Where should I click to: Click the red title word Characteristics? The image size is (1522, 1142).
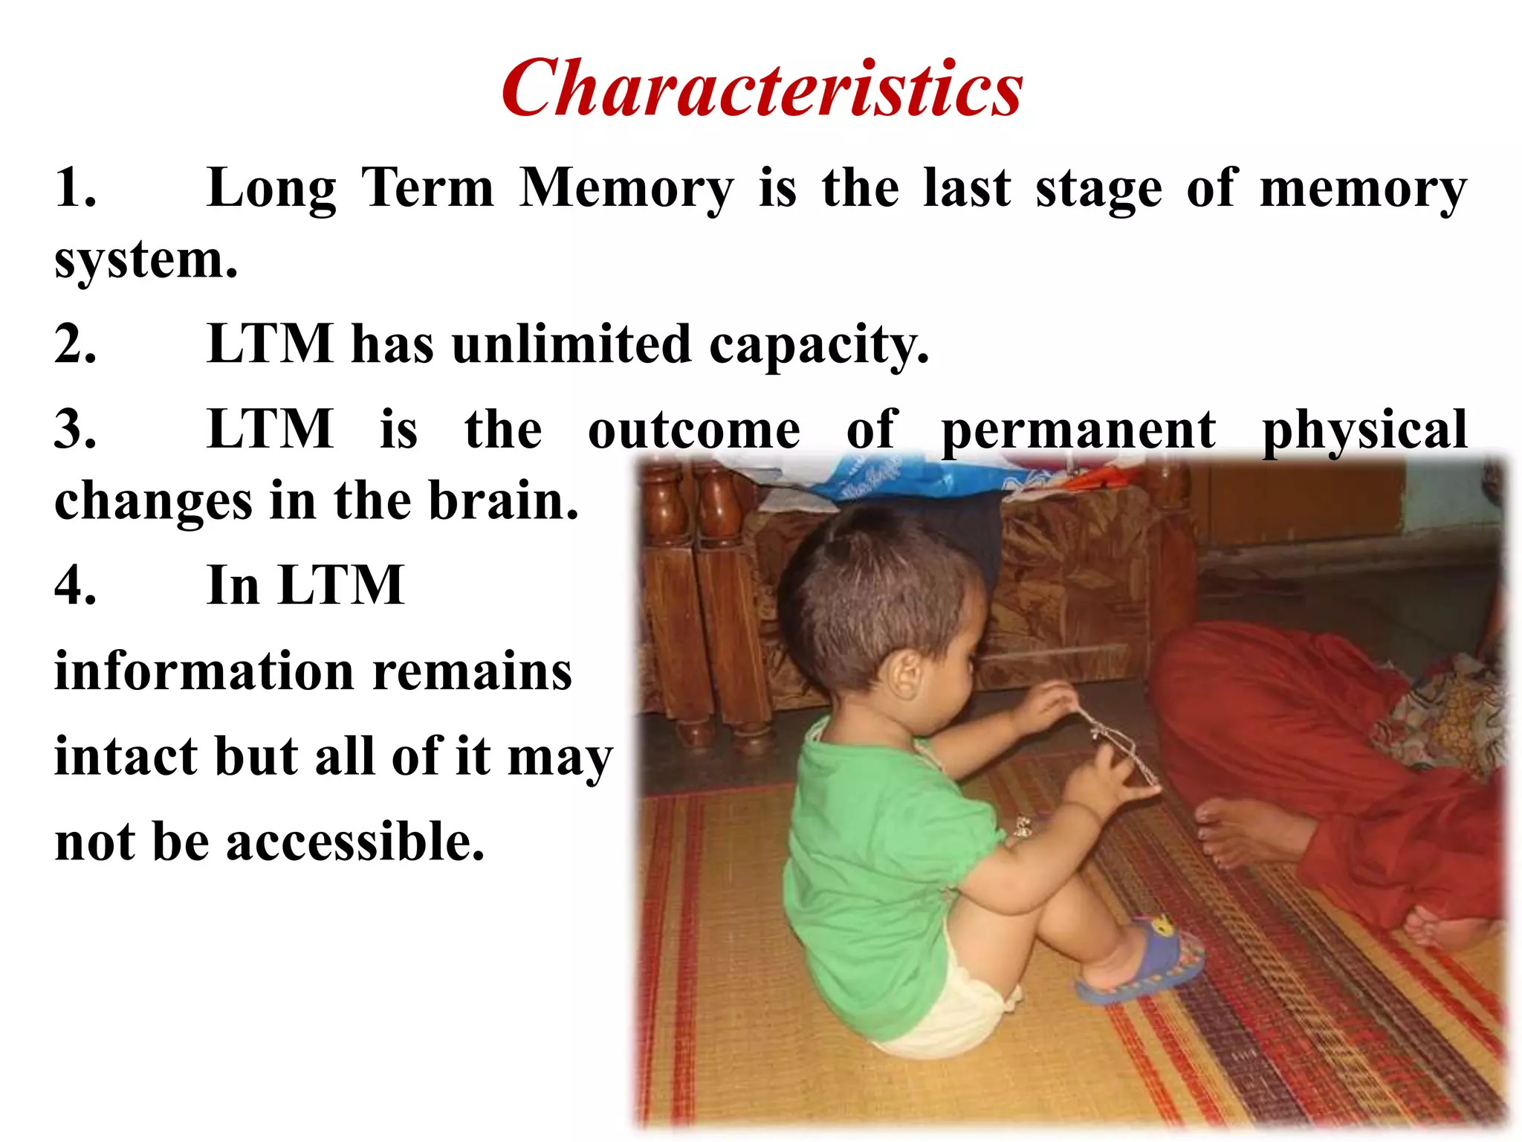[762, 88]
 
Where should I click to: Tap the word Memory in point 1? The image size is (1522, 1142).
[626, 188]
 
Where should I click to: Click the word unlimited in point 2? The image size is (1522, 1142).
[571, 344]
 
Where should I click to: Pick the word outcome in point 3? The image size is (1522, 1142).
[694, 430]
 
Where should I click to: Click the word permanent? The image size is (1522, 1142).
[1078, 430]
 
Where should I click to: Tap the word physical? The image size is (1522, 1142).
[1364, 430]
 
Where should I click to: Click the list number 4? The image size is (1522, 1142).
[75, 586]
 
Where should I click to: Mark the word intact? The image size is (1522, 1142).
[126, 757]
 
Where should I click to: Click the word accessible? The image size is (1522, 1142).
[355, 842]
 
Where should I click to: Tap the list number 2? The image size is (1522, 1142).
[75, 344]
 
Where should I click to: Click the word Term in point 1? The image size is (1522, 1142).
[427, 188]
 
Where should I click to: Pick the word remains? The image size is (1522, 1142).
[472, 671]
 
